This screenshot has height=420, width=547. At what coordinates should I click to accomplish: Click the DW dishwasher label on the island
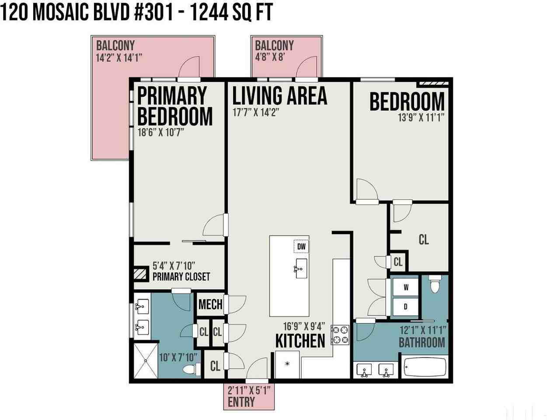301,246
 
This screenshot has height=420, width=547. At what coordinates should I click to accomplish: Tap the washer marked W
405,287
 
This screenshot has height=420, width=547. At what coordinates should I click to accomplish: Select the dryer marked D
405,306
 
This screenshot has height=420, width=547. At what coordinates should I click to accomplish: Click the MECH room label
210,304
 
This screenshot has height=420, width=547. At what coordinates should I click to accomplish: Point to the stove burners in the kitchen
340,335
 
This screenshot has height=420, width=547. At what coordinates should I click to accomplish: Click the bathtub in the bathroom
425,367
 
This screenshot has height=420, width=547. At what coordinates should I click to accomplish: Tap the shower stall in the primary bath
146,360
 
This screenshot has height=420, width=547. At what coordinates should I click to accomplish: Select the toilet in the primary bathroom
192,370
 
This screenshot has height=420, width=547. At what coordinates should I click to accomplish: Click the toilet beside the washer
435,284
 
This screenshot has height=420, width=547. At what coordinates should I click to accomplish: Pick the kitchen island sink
301,269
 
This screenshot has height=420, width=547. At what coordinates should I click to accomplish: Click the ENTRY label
241,402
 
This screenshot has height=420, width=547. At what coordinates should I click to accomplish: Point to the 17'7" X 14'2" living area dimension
256,112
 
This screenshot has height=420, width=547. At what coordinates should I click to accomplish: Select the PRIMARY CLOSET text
181,277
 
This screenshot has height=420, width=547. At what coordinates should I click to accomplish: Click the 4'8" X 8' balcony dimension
270,57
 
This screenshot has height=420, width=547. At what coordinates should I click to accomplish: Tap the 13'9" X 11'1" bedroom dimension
421,118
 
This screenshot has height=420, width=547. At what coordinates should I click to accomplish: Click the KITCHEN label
300,341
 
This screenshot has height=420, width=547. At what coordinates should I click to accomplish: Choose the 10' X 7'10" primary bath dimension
178,357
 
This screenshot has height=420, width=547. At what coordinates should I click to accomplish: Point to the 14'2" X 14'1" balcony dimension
119,58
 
